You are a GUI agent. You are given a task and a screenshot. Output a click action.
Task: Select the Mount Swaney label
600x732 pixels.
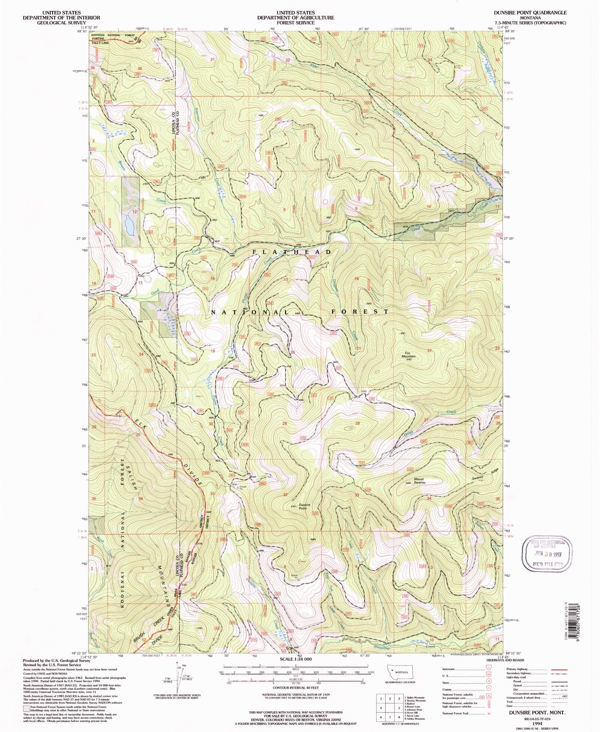click(419, 481)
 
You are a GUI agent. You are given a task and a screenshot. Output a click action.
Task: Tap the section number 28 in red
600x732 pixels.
click(357, 423)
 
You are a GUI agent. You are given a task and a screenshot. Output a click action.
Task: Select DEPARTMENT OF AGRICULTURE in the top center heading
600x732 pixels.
click(295, 18)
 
